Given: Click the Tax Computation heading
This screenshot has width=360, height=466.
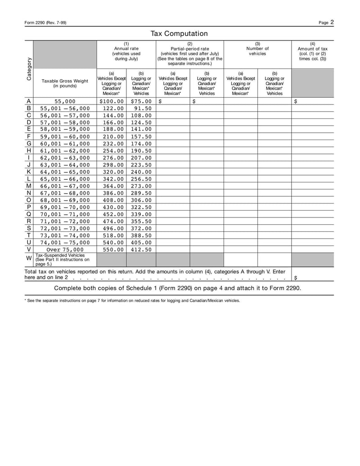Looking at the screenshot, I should coord(179,34).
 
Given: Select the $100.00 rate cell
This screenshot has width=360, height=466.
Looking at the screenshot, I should coord(111,102).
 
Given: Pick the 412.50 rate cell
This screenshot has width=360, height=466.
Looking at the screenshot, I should coord(141,249).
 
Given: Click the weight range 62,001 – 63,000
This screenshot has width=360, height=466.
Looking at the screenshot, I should coord(65,158).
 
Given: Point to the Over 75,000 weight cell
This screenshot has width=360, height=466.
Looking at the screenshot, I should coord(65,249).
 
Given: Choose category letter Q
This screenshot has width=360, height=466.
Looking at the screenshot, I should coord(29,214).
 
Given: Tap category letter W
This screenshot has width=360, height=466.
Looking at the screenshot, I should coord(29,258).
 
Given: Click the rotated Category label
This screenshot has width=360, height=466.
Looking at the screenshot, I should coord(29,68).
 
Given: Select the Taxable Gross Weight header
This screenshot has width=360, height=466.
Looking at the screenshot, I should coord(65,83).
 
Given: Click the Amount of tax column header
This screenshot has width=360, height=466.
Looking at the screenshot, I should coord(312,52).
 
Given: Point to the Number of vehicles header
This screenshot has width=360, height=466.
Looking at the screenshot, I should coord(257,49).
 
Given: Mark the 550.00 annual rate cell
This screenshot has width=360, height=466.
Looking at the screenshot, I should coord(111,249).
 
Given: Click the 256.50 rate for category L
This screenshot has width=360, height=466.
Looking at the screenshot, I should coord(141,179).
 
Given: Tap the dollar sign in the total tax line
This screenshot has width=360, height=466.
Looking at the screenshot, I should coord(295,278).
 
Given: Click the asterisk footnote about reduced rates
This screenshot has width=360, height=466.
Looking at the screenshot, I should coord(132,301).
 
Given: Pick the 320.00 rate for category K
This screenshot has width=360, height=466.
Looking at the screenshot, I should coord(111,172).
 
